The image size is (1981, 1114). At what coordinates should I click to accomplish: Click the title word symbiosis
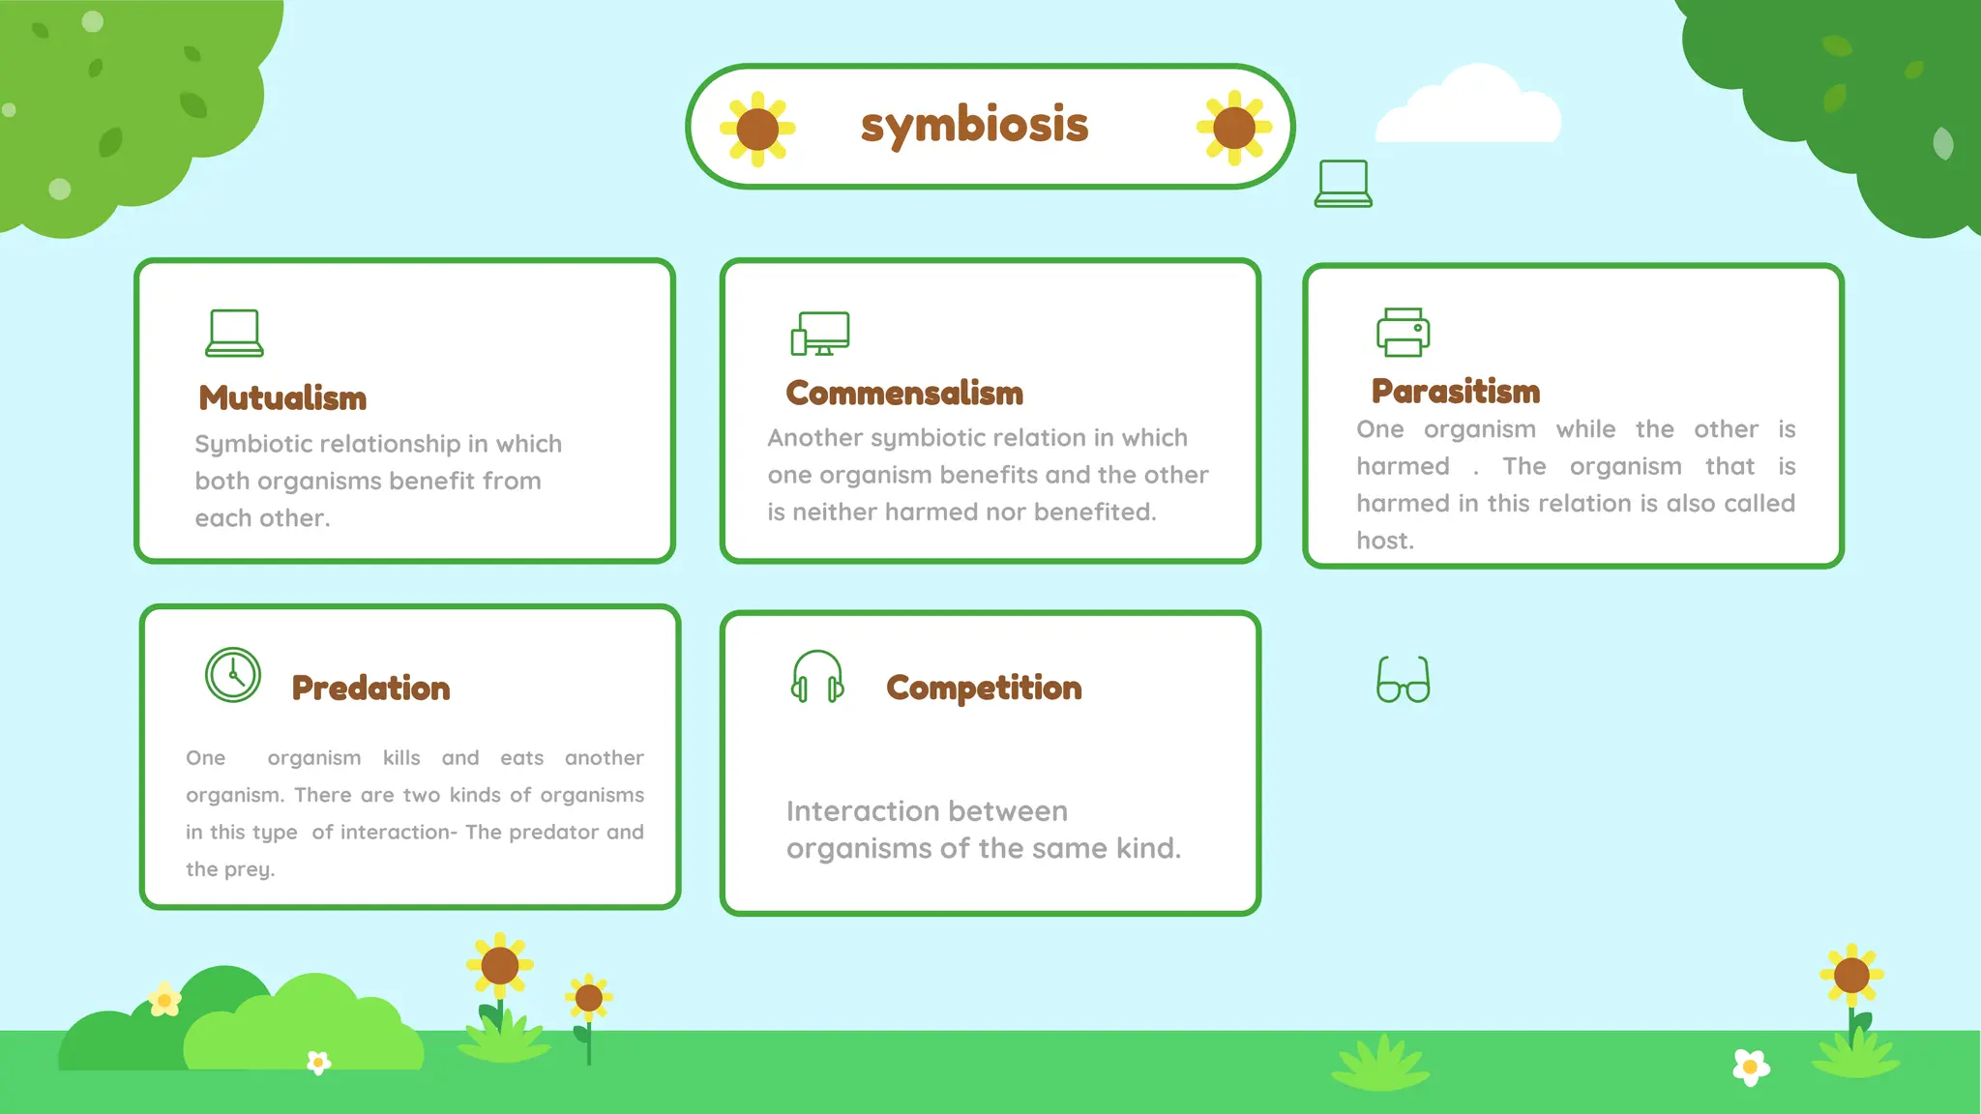[974, 125]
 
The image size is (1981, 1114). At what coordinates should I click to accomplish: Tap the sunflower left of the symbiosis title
[757, 129]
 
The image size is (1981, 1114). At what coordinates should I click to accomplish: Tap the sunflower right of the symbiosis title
[1233, 128]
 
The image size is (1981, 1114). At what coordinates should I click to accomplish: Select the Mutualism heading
[282, 397]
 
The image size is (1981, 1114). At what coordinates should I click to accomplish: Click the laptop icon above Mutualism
[234, 333]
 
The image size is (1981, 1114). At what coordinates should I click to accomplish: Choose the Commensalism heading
[904, 393]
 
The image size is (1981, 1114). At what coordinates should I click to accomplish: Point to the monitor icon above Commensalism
[820, 334]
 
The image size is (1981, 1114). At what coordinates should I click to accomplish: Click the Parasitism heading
[1456, 391]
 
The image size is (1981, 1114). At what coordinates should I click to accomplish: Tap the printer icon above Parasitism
[1403, 333]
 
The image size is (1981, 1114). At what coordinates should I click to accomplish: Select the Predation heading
[370, 688]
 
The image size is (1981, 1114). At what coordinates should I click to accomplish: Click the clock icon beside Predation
[233, 675]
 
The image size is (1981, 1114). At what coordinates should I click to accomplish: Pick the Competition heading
[984, 688]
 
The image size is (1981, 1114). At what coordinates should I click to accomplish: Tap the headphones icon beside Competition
[817, 676]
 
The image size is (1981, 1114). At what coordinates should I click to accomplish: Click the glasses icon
[1403, 680]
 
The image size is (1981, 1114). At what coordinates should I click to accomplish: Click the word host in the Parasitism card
[1384, 541]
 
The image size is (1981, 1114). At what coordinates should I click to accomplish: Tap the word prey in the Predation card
[251, 869]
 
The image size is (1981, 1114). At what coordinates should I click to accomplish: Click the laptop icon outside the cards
[1343, 184]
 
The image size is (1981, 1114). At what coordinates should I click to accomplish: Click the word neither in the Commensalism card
[835, 512]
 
